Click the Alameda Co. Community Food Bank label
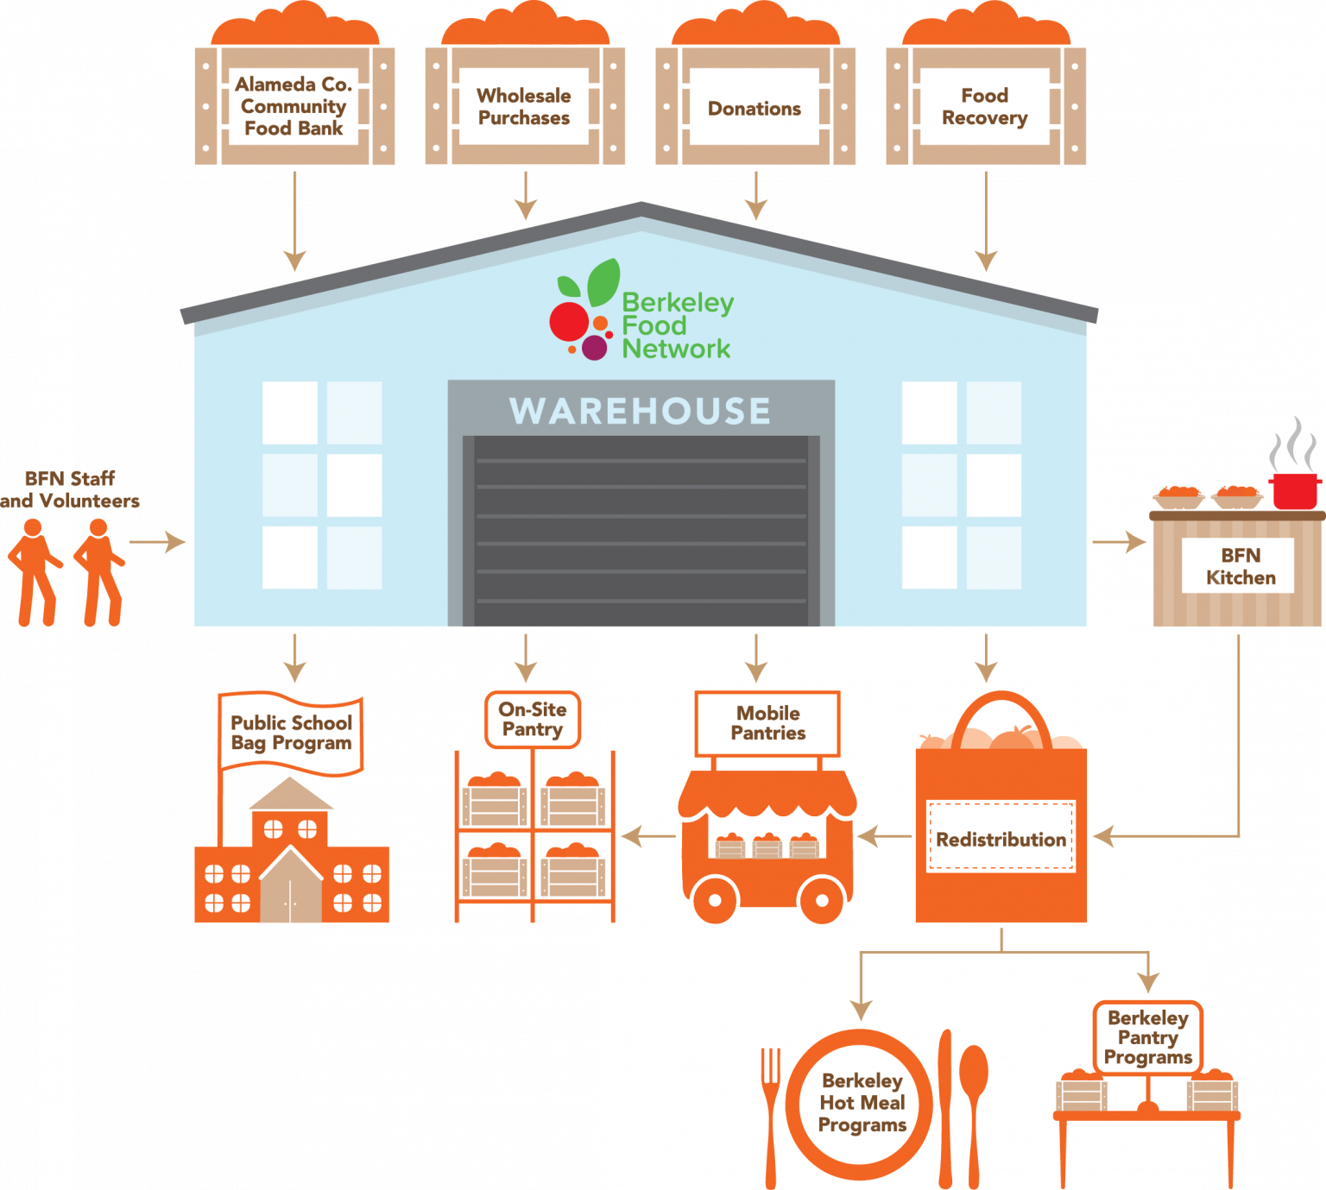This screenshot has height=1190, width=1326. [x=294, y=106]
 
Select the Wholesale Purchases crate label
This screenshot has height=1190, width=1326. [x=524, y=106]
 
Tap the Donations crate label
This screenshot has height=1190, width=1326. [x=755, y=108]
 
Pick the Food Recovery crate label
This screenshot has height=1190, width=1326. [x=985, y=106]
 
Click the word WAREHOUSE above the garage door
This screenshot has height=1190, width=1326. [x=640, y=411]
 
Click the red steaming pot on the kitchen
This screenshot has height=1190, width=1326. [x=1294, y=489]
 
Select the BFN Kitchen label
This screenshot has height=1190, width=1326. [x=1240, y=566]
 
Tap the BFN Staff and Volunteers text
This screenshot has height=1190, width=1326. [x=69, y=489]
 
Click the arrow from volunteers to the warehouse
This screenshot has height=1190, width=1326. [x=158, y=542]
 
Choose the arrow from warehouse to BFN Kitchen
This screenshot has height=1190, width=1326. [x=1119, y=542]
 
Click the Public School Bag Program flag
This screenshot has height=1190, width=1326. [x=291, y=733]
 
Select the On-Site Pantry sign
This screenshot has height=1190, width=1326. [x=533, y=719]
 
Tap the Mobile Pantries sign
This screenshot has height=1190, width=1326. [x=767, y=723]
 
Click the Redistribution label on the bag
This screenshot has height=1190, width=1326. [x=1001, y=839]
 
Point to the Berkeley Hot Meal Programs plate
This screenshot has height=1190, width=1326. [x=862, y=1103]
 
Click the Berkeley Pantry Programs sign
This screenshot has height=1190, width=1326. [x=1147, y=1037]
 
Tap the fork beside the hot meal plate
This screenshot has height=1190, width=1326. [x=771, y=1113]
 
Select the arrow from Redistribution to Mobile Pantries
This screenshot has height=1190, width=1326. [x=883, y=836]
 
